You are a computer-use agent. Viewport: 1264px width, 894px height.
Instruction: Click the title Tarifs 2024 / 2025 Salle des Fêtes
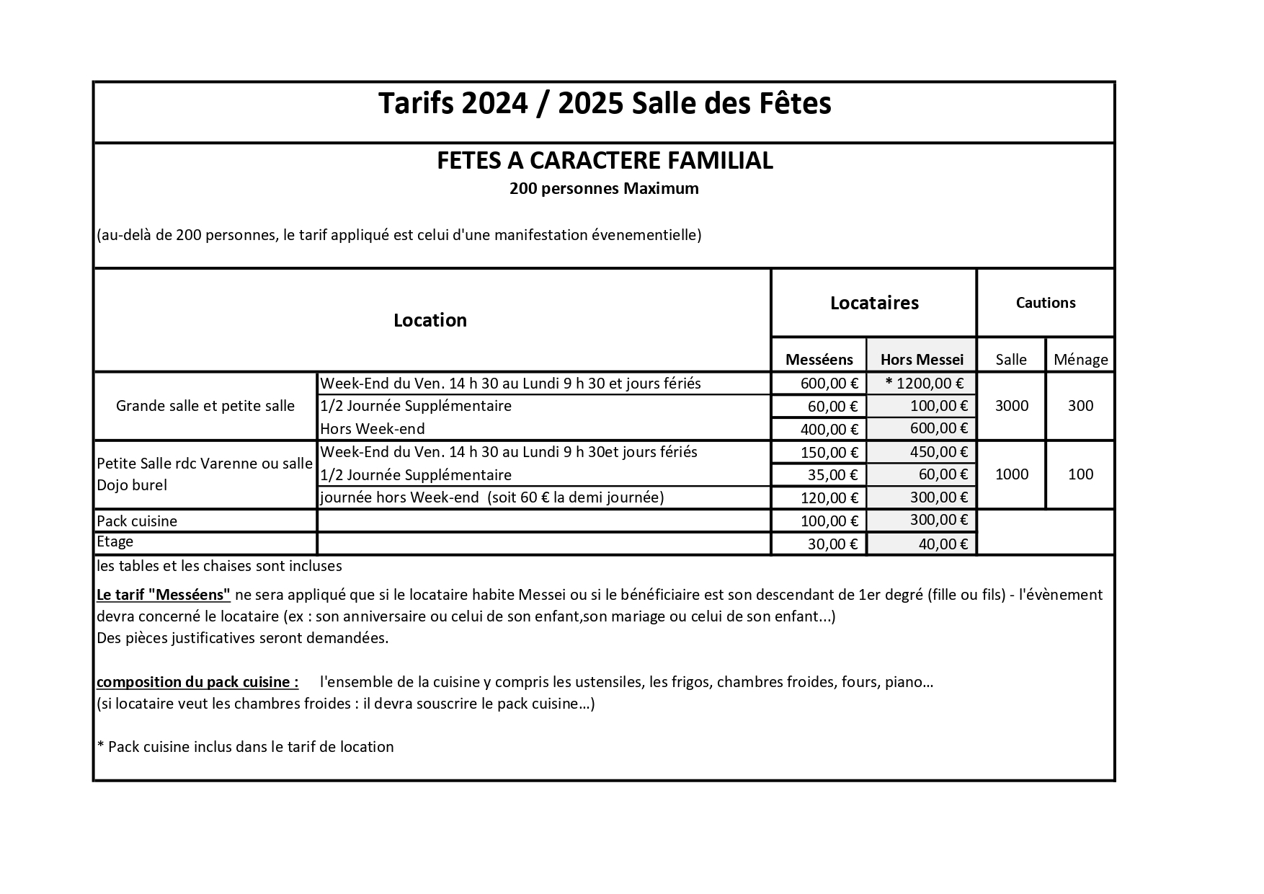(605, 104)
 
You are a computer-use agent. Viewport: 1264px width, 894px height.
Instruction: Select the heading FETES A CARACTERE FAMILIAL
(605, 160)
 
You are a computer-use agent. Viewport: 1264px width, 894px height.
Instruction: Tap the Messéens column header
(819, 359)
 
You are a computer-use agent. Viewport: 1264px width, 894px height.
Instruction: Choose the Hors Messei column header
(922, 359)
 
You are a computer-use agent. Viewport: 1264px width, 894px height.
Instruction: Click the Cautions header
(1045, 303)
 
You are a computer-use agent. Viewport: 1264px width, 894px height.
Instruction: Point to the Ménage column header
(1080, 359)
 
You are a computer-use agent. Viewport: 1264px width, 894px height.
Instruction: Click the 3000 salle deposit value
(1011, 406)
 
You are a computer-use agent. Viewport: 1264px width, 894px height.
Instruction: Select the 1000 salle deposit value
(1011, 474)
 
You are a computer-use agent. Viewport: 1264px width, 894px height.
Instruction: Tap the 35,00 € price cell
(832, 475)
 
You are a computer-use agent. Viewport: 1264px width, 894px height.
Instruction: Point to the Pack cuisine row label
(137, 521)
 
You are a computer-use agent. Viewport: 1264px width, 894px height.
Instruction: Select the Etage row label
(115, 541)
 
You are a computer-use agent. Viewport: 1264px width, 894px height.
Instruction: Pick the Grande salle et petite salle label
(205, 406)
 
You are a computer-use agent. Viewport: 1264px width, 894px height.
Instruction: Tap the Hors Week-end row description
(373, 429)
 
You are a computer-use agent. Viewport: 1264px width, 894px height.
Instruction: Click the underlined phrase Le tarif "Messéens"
(164, 595)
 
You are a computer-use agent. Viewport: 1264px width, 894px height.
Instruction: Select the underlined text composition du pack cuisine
(197, 682)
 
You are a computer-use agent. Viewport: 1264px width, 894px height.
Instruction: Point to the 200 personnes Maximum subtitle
(604, 189)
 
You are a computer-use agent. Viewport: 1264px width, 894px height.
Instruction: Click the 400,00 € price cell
(829, 430)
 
